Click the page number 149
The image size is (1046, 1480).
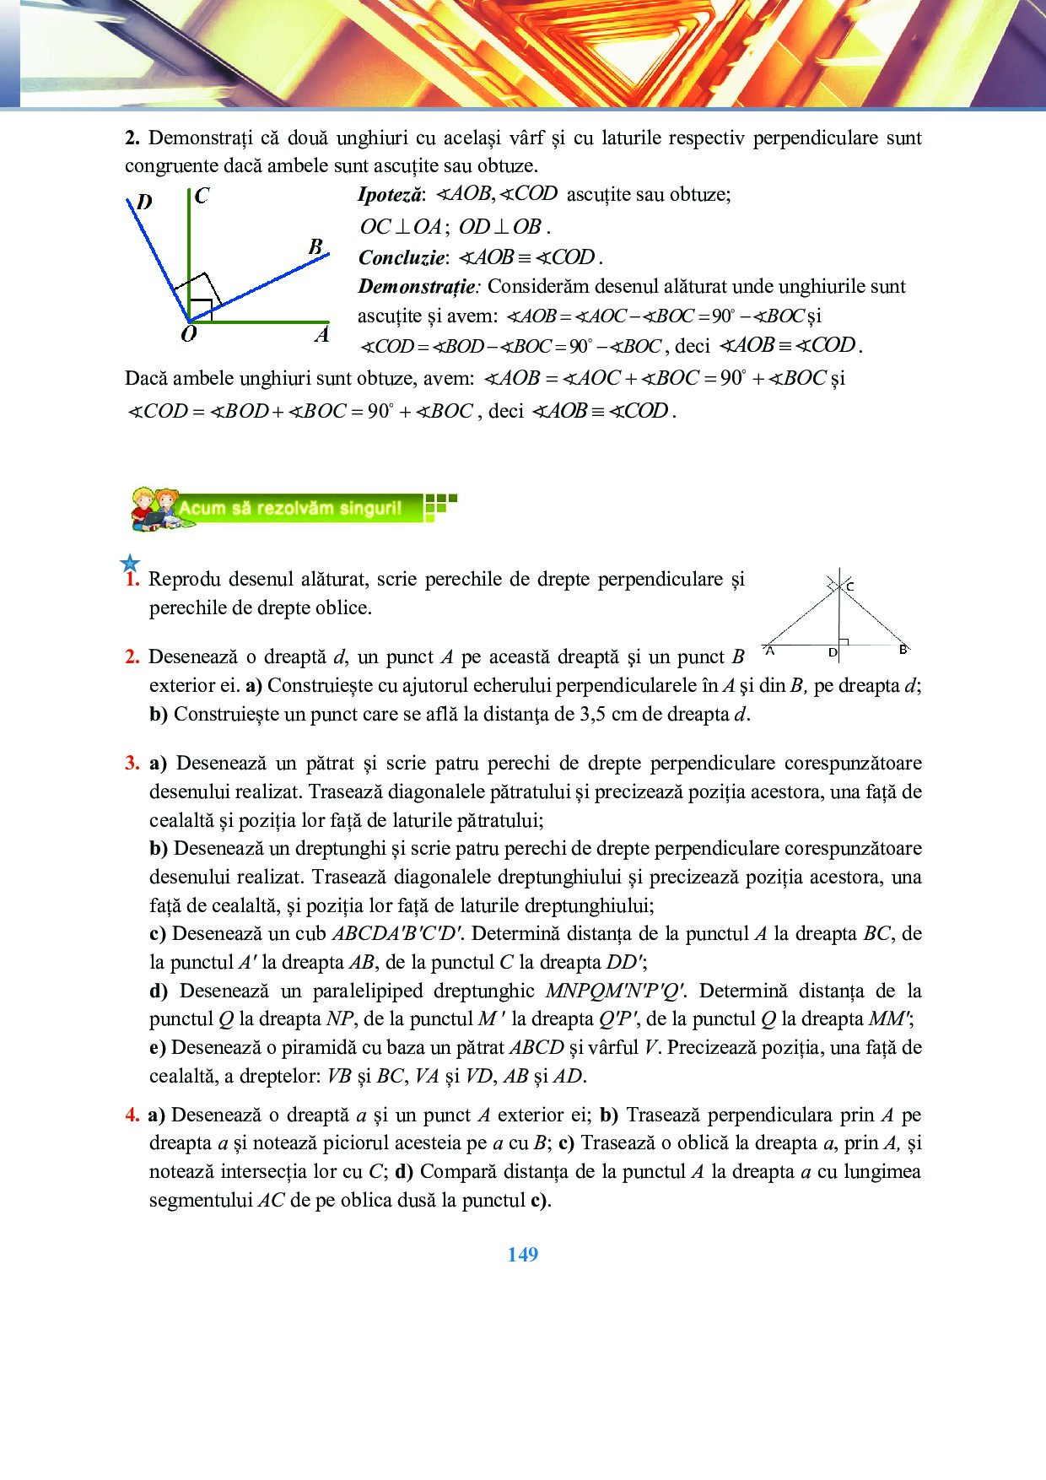coord(522,1255)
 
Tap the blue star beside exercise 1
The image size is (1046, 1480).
coord(130,564)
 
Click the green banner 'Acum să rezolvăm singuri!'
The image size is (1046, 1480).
coord(291,508)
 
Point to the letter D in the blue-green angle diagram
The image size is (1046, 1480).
coord(144,202)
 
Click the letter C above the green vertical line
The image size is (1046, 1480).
coord(202,196)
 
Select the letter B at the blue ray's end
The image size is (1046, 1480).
coord(315,246)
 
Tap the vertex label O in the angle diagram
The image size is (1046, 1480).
coord(189,334)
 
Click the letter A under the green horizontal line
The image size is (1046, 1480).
coord(321,335)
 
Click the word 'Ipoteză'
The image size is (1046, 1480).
coord(389,195)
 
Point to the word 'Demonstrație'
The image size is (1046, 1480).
coord(417,287)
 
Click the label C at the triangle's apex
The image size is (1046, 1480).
coord(849,586)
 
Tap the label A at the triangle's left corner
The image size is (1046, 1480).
coord(770,651)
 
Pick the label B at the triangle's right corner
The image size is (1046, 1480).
coord(903,650)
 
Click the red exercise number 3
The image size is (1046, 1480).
coord(132,764)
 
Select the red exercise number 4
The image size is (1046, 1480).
coord(132,1115)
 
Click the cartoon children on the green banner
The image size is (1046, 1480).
coord(154,508)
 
